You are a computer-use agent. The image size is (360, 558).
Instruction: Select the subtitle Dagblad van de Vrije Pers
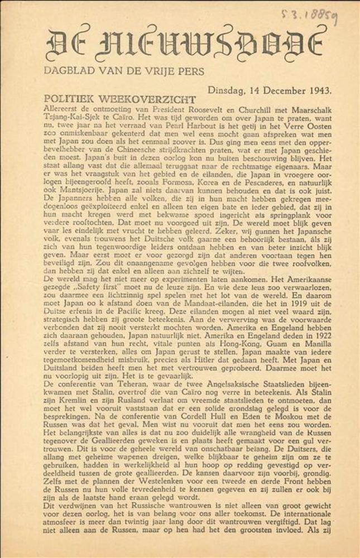click(124, 71)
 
